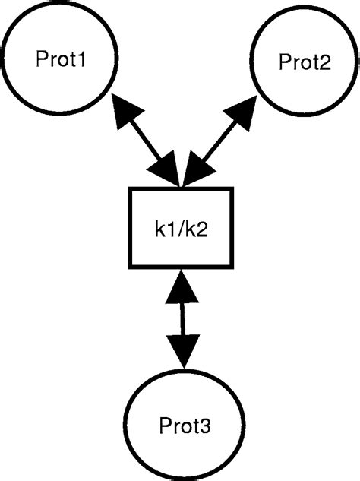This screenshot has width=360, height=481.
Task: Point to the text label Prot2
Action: click(304, 62)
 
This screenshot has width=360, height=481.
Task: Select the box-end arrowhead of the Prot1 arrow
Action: click(169, 170)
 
